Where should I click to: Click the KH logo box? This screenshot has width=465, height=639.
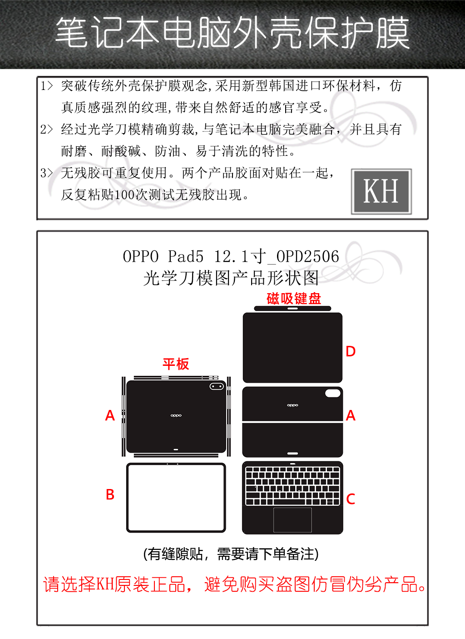coord(381,191)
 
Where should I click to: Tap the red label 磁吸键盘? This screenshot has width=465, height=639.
coord(294,299)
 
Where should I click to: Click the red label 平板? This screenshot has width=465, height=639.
coord(176,364)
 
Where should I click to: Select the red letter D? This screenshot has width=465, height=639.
coord(351,351)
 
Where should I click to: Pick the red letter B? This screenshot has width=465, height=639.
coord(110,494)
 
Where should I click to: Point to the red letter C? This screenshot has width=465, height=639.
coord(351,499)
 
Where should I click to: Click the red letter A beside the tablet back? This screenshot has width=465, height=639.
coord(110,415)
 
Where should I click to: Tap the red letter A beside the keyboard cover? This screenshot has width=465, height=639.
coord(351,415)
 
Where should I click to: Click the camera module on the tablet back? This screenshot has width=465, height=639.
coord(217,387)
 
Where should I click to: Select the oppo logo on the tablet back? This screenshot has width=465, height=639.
coord(176,415)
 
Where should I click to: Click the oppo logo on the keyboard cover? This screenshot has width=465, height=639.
coord(292,405)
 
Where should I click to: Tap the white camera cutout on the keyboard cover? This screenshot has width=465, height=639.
coord(333,393)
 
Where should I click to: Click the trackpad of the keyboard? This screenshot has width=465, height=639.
coord(292,520)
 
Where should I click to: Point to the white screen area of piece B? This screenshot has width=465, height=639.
coord(176,498)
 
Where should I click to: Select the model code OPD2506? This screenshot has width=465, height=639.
coord(307,256)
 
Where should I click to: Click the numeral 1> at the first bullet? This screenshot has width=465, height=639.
coord(46,85)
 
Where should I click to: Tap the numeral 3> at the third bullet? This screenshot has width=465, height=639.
coord(46,173)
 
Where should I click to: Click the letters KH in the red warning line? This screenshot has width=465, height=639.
coord(104,584)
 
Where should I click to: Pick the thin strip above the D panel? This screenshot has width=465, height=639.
coord(292,309)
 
